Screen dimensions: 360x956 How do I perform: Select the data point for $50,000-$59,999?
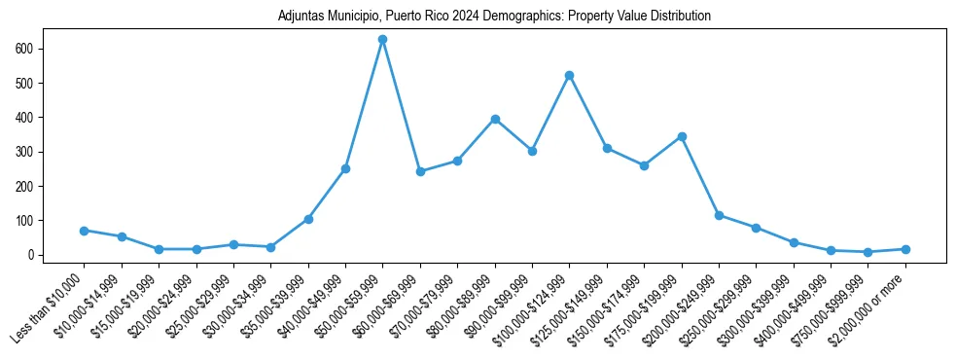(383, 40)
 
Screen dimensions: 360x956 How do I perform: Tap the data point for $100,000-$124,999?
(570, 75)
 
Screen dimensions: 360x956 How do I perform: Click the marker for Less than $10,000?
(85, 231)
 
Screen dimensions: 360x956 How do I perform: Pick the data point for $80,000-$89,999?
(495, 119)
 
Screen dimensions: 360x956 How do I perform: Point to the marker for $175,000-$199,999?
(682, 136)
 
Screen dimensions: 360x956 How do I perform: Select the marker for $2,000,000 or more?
(905, 249)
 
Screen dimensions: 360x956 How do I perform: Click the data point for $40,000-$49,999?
(345, 168)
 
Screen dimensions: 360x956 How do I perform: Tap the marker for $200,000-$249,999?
(719, 215)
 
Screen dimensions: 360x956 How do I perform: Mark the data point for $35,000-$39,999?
(308, 219)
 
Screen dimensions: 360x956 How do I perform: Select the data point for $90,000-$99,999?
(532, 151)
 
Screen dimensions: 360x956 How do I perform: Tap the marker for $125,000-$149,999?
(607, 148)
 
